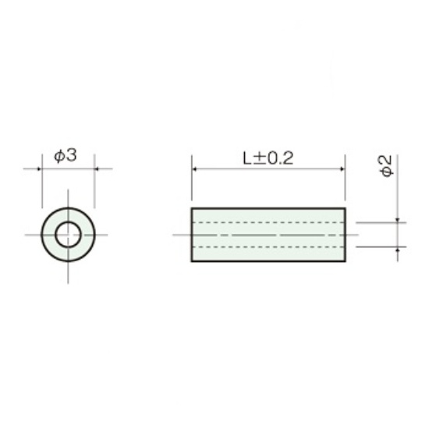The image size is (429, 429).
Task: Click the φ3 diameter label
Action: (66, 156)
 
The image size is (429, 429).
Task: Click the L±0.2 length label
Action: (268, 158)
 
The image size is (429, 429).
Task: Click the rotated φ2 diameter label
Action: (386, 166)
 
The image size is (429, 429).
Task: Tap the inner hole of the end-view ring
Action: (68, 235)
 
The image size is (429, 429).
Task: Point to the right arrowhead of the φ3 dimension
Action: (97, 168)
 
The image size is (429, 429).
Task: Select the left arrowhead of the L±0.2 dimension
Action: (194, 169)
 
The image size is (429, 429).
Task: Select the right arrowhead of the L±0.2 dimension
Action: (342, 169)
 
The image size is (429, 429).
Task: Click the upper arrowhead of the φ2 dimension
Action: (398, 220)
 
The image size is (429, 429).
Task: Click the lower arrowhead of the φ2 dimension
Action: (398, 250)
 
